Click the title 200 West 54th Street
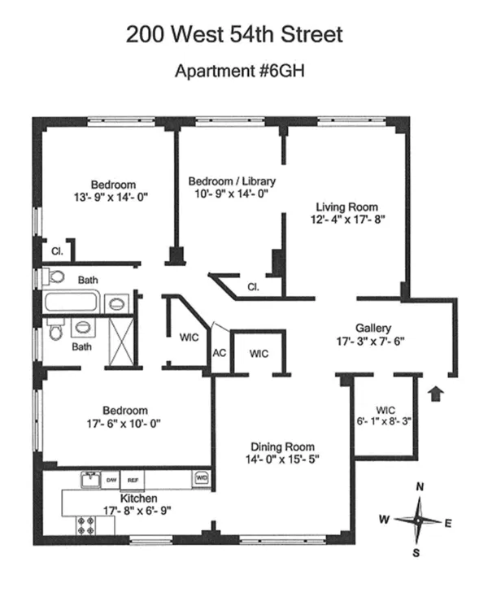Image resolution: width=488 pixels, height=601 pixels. [234, 35]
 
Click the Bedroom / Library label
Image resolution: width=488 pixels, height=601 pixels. [232, 181]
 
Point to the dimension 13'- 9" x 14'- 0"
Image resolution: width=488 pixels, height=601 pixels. [113, 197]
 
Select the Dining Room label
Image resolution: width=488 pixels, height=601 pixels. [282, 446]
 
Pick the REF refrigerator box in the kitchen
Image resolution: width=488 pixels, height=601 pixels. [131, 479]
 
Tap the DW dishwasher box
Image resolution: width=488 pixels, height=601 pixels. [110, 479]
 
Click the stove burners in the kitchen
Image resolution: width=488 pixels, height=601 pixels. [85, 525]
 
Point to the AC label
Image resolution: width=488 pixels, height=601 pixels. [219, 353]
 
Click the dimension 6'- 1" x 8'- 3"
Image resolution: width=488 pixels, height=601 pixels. [385, 422]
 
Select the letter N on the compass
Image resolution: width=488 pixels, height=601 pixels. [420, 487]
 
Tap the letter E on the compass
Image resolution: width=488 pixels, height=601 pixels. [448, 522]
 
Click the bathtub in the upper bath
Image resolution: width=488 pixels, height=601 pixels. [74, 304]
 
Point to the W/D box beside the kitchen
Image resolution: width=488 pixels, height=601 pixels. [202, 479]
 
